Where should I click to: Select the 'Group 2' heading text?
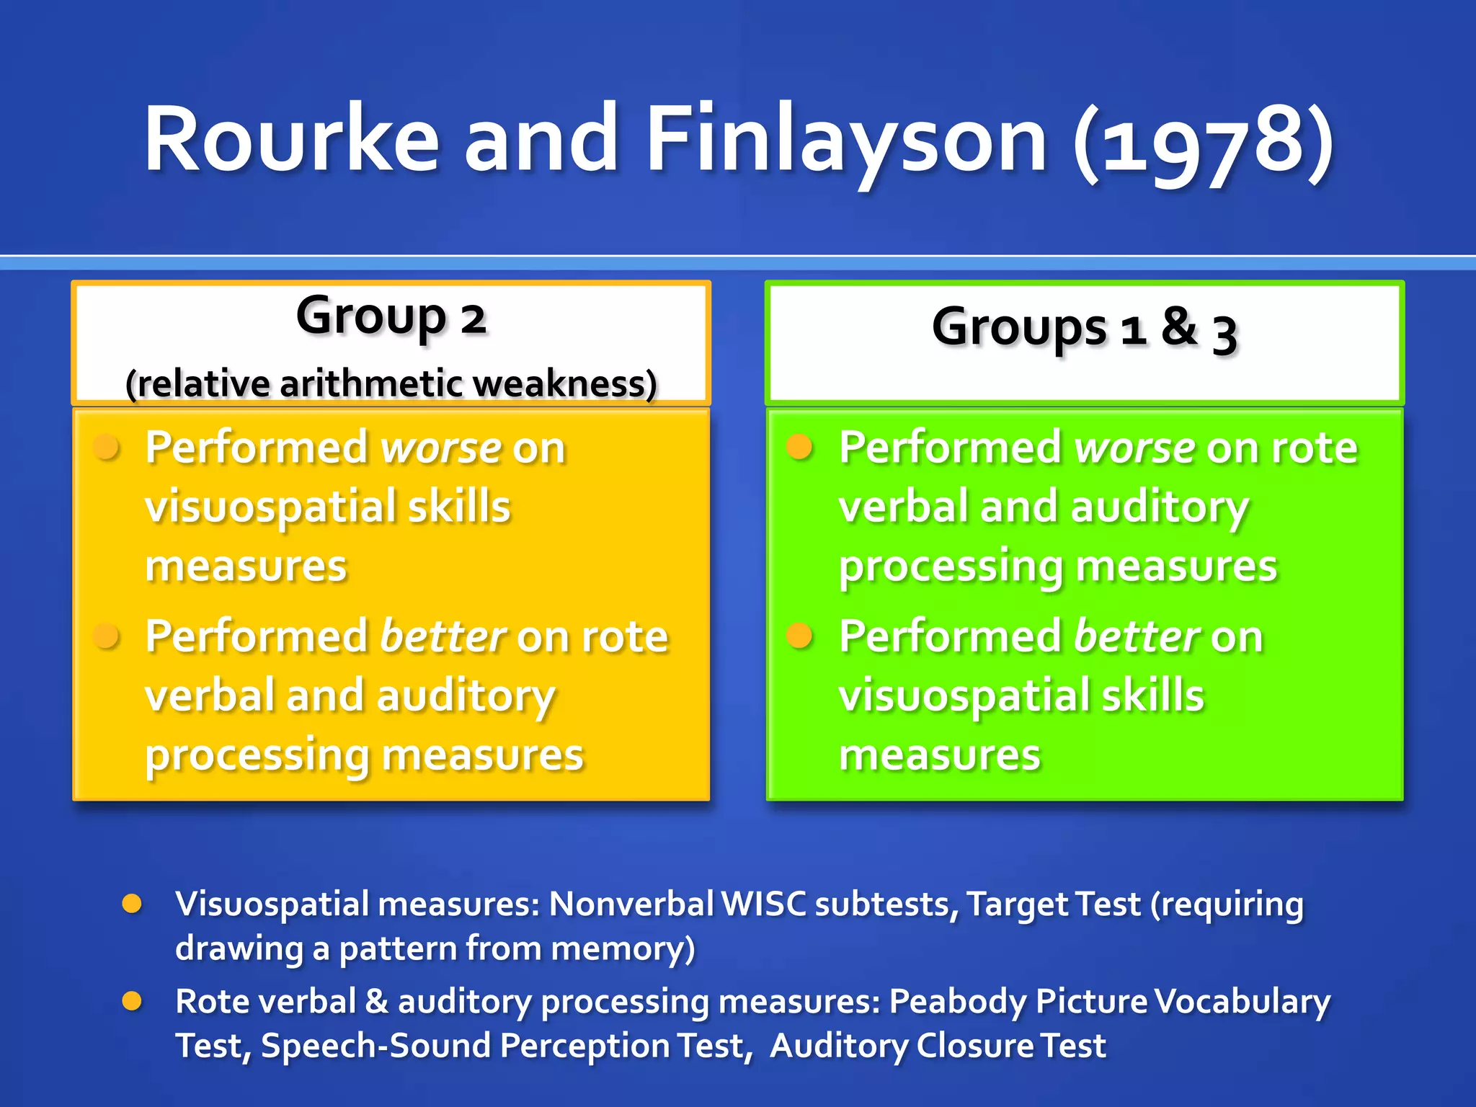point(391,317)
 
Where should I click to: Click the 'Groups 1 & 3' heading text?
point(1084,328)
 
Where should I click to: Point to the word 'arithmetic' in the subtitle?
point(371,383)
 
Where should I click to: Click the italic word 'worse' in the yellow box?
point(440,448)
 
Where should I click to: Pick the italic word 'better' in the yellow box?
point(443,637)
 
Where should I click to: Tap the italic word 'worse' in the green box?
point(1134,448)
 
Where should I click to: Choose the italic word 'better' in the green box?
point(1136,637)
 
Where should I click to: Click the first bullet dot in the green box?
point(799,447)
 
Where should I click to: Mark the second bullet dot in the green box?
point(799,636)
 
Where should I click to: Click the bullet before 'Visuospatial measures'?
point(132,904)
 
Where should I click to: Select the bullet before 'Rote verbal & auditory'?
point(132,1001)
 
